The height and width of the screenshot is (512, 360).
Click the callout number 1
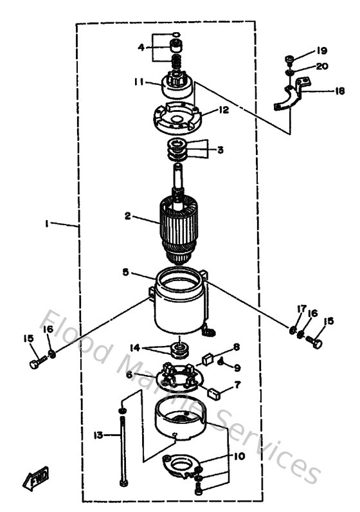[47, 224]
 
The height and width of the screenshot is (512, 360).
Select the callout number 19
[321, 51]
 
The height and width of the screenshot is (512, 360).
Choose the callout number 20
[322, 66]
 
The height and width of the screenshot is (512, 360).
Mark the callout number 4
[141, 47]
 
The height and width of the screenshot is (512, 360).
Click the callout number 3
[220, 151]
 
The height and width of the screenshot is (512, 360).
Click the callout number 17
[300, 309]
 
